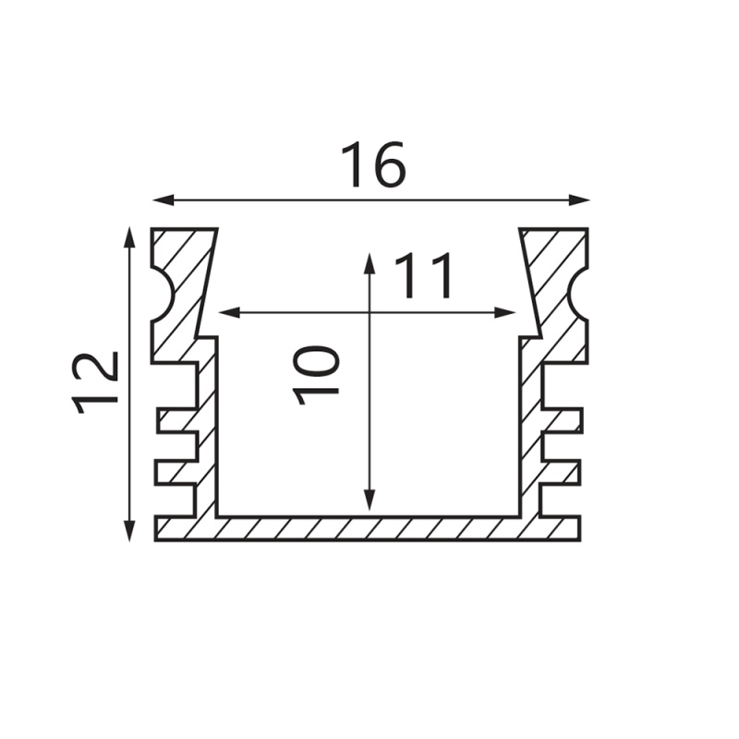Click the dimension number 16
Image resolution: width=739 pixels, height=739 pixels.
pos(373,164)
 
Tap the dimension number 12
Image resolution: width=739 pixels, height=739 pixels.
pos(95,382)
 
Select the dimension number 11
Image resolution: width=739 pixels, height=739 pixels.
pos(423,276)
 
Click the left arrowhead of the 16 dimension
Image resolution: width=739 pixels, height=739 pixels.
pos(164,200)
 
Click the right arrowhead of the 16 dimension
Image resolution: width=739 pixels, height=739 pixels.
pos(579,200)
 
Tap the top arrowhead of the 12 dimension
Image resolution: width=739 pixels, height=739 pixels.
pos(129,237)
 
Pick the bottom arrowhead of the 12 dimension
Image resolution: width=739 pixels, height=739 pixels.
pos(129,530)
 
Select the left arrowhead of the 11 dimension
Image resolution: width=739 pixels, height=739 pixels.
pos(230,312)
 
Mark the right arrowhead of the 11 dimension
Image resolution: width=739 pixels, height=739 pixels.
pos(504,312)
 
